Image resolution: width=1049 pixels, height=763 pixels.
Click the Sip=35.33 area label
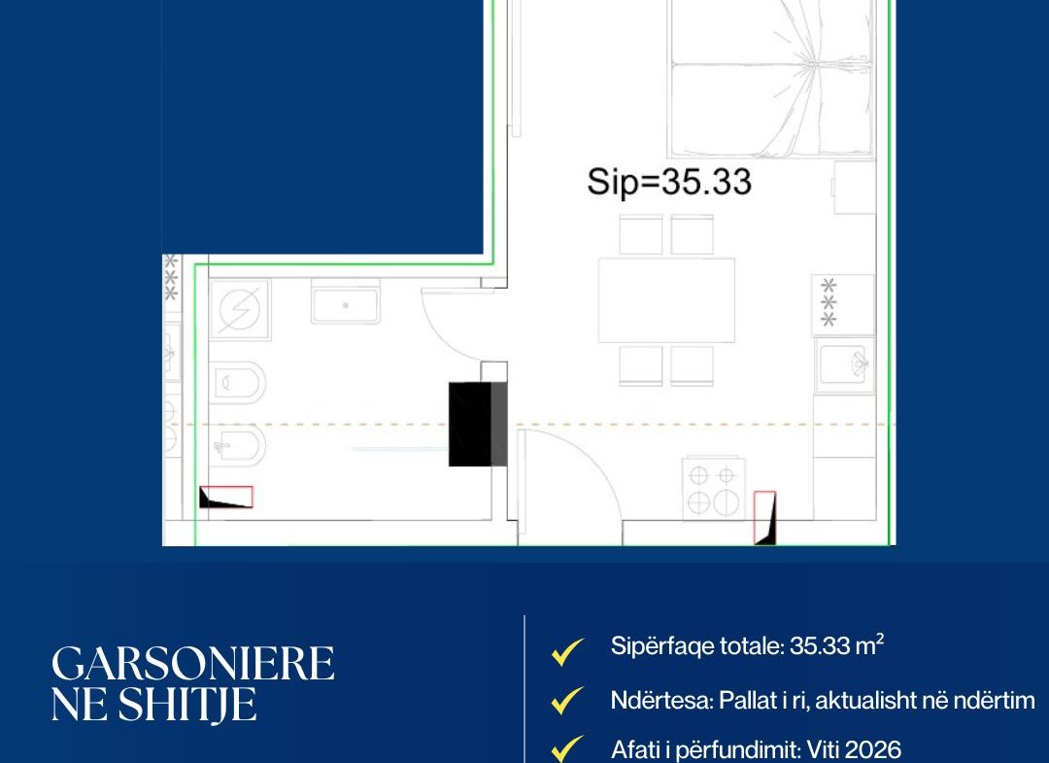(669, 182)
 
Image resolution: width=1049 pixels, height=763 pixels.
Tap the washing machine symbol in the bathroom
(240, 310)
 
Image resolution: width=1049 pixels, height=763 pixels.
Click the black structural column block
(478, 425)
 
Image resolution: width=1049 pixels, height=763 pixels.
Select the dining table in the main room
(666, 300)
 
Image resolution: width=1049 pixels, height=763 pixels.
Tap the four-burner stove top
(713, 488)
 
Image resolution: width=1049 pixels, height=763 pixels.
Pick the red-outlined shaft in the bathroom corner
(226, 497)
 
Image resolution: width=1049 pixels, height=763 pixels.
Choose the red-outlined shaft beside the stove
(764, 518)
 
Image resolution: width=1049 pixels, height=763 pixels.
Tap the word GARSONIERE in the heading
(192, 664)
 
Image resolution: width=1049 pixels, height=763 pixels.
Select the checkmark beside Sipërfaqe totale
(566, 651)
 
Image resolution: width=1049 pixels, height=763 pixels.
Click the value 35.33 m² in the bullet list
(837, 645)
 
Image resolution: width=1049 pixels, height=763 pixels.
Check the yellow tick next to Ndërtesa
(566, 701)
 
